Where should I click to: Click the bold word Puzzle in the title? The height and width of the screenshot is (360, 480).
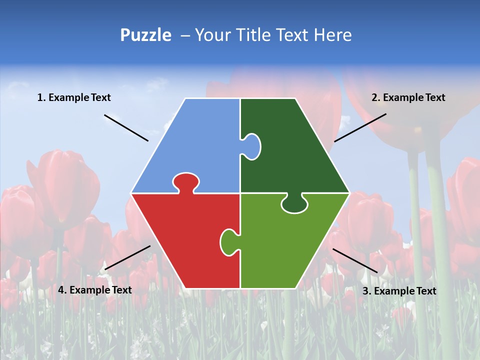145,35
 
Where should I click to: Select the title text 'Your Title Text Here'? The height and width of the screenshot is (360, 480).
273,35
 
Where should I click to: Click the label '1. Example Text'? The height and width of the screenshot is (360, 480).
74,97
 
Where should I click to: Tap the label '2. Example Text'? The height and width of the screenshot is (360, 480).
408,97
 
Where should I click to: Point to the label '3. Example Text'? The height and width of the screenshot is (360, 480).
399,291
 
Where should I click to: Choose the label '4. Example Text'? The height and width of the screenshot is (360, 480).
95,289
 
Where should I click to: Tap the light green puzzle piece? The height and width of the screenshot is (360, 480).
290,240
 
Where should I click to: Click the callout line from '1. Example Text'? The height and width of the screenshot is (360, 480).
126,127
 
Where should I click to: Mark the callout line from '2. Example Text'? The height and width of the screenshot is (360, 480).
360,127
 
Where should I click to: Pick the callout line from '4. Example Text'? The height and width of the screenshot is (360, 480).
127,257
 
